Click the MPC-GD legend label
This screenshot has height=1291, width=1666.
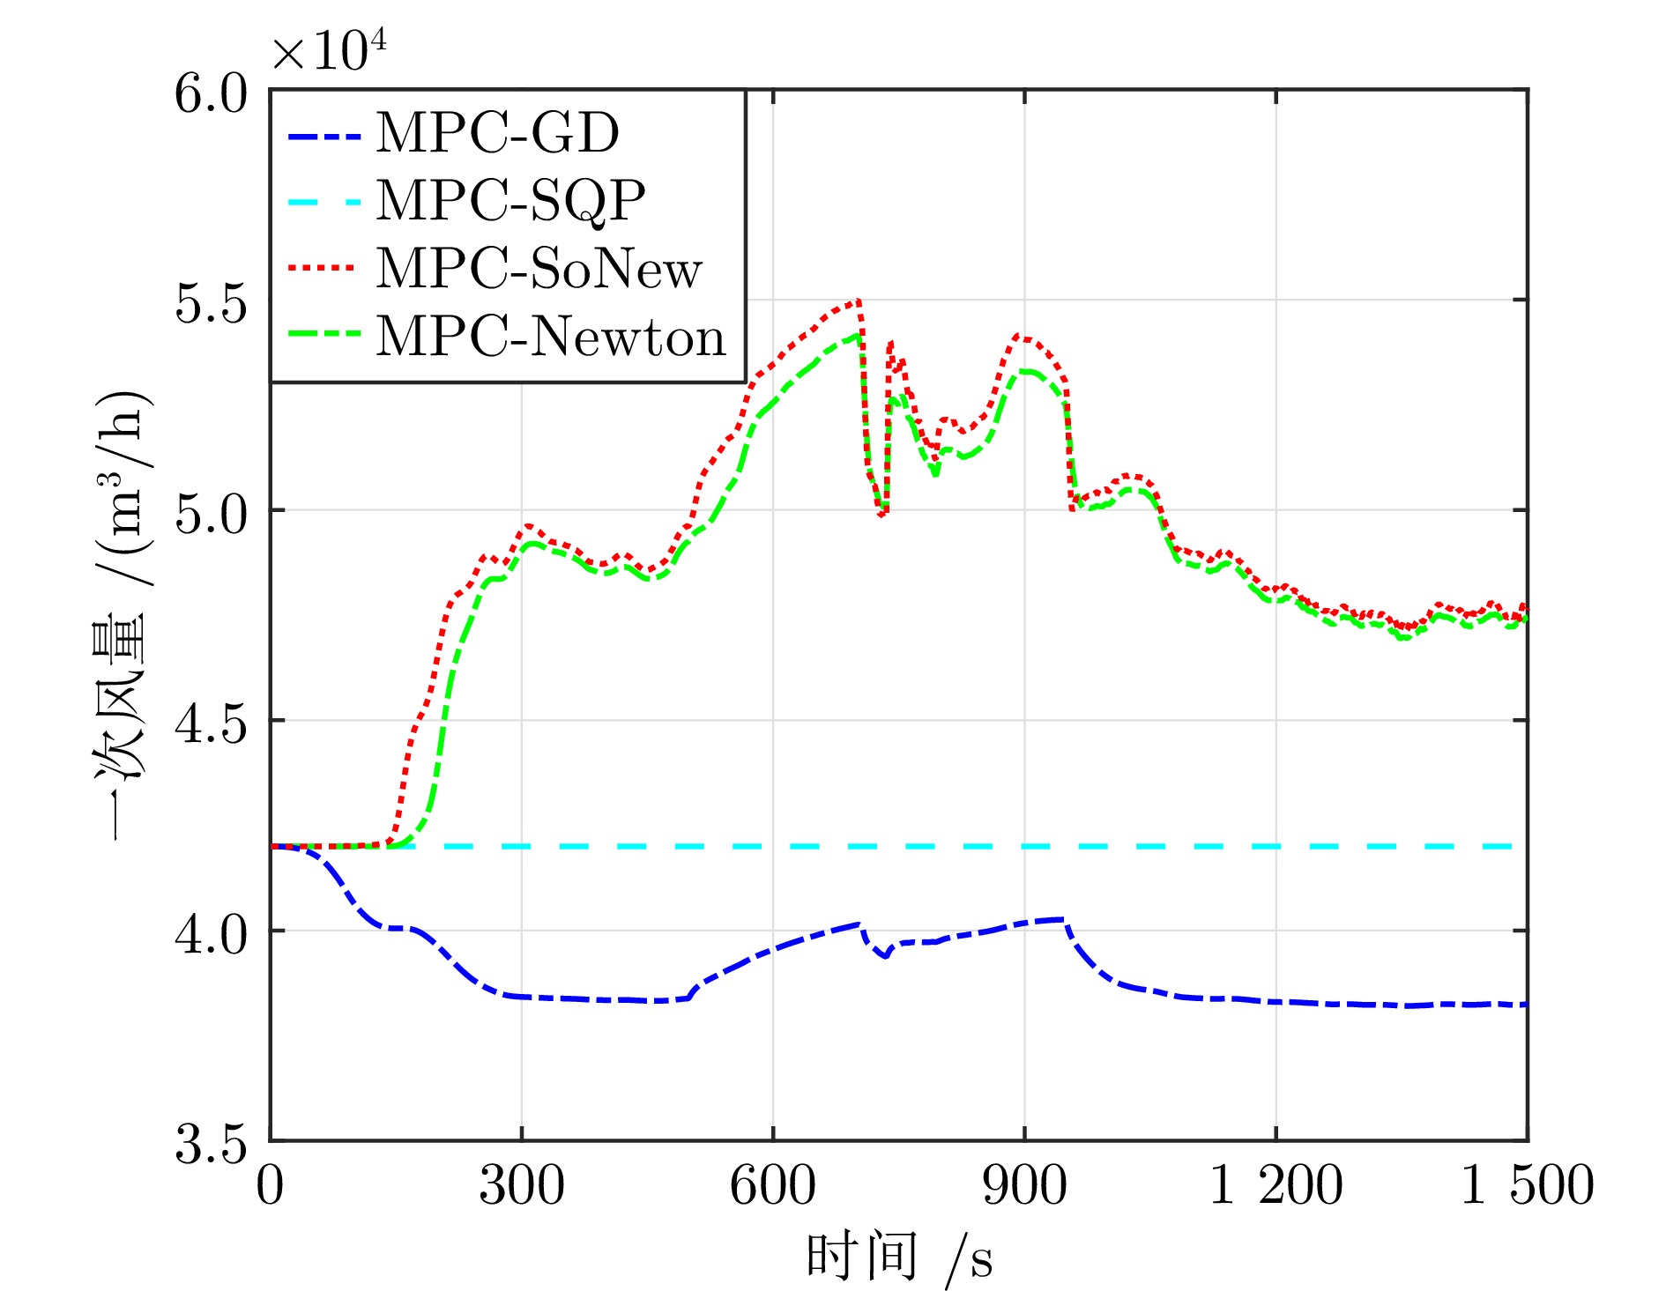coord(498,133)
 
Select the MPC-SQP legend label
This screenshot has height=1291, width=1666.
coord(511,202)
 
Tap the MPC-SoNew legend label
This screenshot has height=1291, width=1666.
coord(539,268)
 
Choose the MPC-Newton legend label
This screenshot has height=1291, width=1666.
coord(551,336)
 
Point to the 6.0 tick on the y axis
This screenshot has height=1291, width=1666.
coord(211,93)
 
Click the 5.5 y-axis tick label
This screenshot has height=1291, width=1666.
coord(211,302)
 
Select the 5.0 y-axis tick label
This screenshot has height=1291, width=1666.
coord(211,512)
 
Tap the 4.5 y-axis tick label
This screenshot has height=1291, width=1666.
coord(211,723)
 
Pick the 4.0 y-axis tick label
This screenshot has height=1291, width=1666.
coord(211,933)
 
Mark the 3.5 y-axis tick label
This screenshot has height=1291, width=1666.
coord(211,1143)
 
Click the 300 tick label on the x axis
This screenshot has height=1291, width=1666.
coord(522,1184)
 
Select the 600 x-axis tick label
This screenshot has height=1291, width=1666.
coord(773,1184)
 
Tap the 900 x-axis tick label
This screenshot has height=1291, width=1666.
coord(1025,1184)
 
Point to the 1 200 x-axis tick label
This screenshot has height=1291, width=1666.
coord(1276,1184)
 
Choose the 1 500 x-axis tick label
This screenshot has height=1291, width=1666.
coord(1528,1184)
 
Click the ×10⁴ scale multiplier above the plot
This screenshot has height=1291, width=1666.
coord(329,49)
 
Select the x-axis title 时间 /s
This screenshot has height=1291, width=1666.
coord(899,1258)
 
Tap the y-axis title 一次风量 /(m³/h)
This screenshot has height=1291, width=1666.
coord(122,614)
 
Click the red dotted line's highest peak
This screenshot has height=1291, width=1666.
coord(858,300)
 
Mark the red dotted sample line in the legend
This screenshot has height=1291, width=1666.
coord(324,268)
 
